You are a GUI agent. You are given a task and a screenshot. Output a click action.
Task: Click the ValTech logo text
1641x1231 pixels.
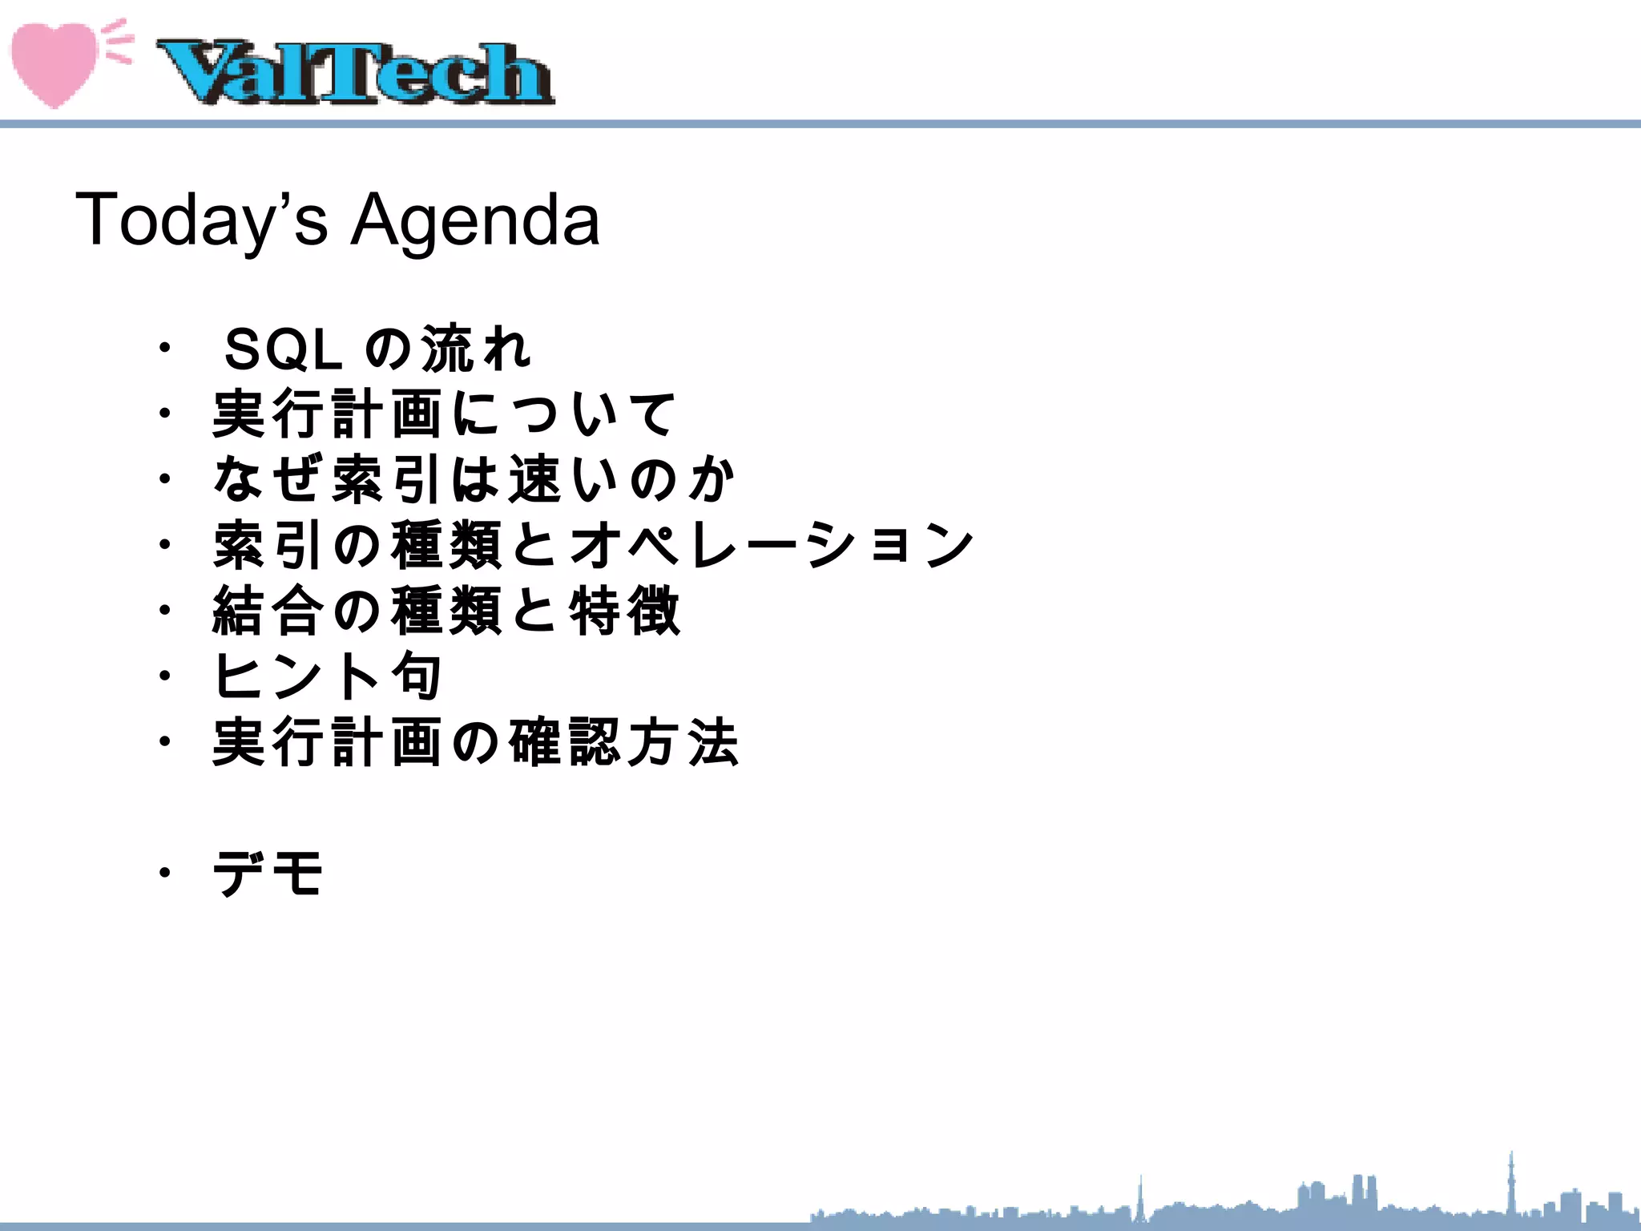point(355,73)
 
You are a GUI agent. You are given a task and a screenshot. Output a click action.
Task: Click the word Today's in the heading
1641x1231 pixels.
point(201,220)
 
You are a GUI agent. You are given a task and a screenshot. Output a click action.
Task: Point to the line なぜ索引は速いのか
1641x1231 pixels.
point(474,479)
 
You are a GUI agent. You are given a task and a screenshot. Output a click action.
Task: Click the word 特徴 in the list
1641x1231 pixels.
point(625,611)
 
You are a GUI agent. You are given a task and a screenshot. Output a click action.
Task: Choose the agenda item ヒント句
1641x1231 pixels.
point(328,676)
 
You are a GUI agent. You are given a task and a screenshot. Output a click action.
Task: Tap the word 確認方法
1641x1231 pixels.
point(624,741)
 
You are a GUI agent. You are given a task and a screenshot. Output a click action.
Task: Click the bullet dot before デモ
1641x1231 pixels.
point(164,873)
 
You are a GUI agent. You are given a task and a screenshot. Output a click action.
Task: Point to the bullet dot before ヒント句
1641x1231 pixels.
point(164,676)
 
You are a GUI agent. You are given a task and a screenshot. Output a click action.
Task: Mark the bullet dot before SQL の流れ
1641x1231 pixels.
point(164,349)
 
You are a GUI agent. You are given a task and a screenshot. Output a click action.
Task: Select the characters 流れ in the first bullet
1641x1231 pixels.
point(476,350)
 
